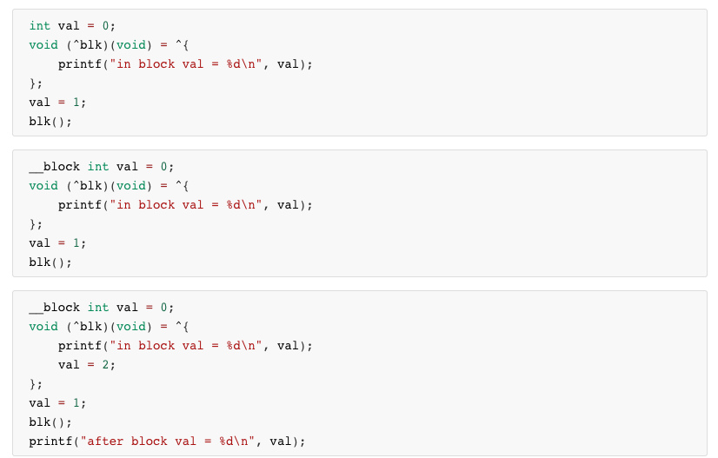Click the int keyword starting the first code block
(x=40, y=26)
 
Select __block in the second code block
(x=54, y=167)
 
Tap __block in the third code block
(x=54, y=308)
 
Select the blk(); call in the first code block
(x=50, y=122)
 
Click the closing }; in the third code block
(x=36, y=384)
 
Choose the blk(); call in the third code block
(x=50, y=422)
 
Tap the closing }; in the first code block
(x=36, y=83)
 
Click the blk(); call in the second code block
(x=50, y=262)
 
